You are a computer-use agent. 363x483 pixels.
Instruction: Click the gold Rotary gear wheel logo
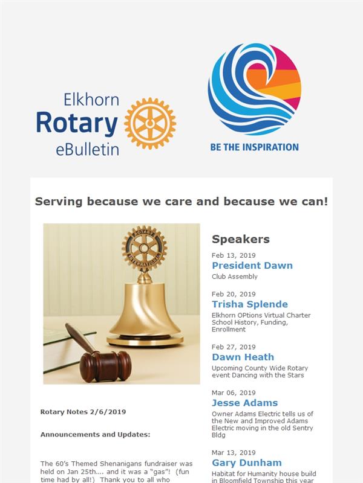click(x=150, y=124)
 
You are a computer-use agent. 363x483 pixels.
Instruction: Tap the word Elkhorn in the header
click(x=91, y=100)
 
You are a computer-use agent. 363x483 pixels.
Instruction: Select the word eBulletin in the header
click(x=87, y=149)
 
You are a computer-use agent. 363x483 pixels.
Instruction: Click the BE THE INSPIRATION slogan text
click(x=254, y=147)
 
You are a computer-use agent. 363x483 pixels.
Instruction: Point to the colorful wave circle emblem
click(x=254, y=89)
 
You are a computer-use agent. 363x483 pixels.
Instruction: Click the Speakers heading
click(x=241, y=239)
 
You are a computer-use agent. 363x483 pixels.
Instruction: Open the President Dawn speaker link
click(x=252, y=265)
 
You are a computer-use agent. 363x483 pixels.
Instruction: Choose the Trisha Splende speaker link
click(x=250, y=304)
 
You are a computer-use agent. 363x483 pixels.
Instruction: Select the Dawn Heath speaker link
click(x=243, y=357)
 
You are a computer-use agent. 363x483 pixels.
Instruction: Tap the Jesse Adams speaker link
click(x=245, y=403)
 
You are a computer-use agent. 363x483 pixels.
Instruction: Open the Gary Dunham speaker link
click(x=247, y=462)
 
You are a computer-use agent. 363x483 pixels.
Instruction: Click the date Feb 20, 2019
click(x=234, y=294)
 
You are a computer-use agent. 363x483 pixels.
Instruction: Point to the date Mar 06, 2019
click(x=234, y=393)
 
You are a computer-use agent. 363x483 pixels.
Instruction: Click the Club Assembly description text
click(x=235, y=277)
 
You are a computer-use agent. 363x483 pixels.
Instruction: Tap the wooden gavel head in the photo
click(x=105, y=366)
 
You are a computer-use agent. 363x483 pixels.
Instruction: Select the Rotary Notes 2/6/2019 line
click(x=83, y=412)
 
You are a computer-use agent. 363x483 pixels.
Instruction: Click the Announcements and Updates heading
click(x=96, y=435)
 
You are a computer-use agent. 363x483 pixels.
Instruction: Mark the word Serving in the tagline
click(x=59, y=202)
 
